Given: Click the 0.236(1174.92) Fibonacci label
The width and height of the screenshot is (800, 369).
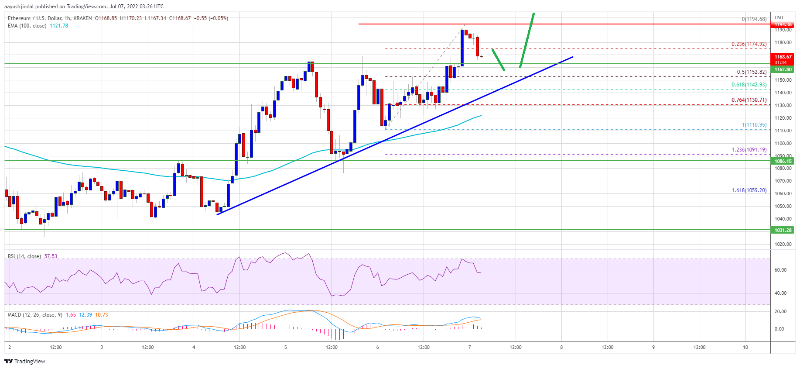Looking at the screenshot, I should point(749,44).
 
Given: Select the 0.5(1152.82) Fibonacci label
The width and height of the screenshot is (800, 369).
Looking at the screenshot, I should point(751,72).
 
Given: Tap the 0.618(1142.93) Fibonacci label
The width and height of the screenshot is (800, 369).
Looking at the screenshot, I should point(749,85).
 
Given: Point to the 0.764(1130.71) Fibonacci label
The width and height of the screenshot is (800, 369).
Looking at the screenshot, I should point(749,100).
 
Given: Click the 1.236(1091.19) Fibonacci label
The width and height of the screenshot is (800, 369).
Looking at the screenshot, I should point(749,150).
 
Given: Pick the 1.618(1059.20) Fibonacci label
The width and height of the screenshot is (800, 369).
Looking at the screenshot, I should point(749,190).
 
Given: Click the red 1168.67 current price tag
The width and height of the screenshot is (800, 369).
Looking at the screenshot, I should point(783,57).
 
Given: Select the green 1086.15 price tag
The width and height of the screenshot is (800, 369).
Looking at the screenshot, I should point(783,161).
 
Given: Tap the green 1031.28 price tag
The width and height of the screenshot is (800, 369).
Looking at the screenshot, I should point(783,230).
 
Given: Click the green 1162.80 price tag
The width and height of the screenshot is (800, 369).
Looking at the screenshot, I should point(783,69).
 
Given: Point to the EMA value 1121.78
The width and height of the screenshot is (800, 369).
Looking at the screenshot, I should point(59,26).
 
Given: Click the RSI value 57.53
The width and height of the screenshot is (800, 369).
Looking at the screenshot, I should point(51,256).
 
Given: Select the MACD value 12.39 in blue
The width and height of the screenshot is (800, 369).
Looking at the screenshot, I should point(85,315).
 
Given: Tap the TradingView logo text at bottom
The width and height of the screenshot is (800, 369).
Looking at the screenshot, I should point(29,362).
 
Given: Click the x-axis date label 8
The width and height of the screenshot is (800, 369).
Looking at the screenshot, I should point(561,348).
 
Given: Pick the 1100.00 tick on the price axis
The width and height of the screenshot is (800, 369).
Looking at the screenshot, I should point(783,143).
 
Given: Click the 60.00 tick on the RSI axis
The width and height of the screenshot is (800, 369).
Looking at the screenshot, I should point(780,270).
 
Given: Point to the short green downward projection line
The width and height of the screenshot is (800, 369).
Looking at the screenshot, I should point(498,60).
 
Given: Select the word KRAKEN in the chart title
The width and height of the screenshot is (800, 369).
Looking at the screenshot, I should point(83,18).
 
